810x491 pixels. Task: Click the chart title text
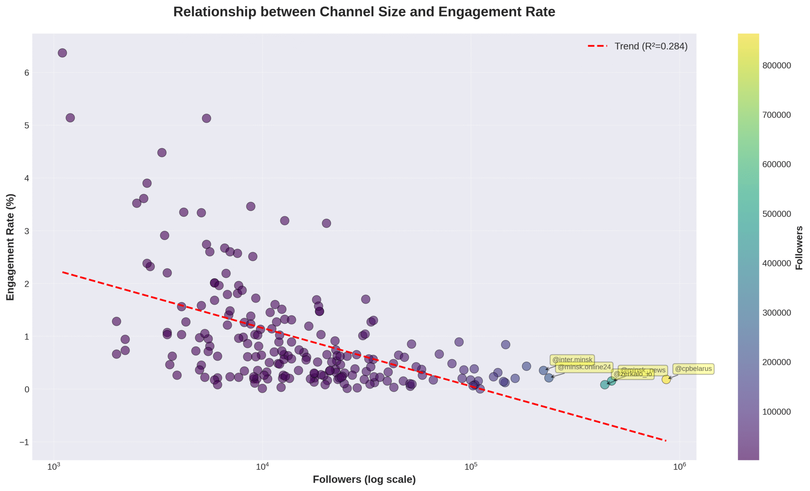point(364,12)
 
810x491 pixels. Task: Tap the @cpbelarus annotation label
point(693,369)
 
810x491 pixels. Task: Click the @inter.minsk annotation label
point(572,360)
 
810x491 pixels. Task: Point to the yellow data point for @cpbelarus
point(666,379)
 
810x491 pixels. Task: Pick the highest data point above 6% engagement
point(62,53)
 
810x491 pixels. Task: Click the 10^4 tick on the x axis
point(262,466)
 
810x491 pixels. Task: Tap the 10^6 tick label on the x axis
point(679,466)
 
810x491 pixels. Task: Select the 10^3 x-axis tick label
point(53,466)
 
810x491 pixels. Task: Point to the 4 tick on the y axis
point(27,178)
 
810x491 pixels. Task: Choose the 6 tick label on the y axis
point(27,73)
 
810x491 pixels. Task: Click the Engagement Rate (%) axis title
point(10,247)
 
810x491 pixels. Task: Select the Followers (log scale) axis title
point(364,480)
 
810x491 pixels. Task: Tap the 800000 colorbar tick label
point(776,66)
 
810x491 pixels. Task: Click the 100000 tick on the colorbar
point(776,412)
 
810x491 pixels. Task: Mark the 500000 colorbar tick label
point(776,214)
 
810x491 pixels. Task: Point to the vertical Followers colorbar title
point(799,248)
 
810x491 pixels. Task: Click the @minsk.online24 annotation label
point(584,367)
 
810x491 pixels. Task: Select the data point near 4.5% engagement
point(162,153)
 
